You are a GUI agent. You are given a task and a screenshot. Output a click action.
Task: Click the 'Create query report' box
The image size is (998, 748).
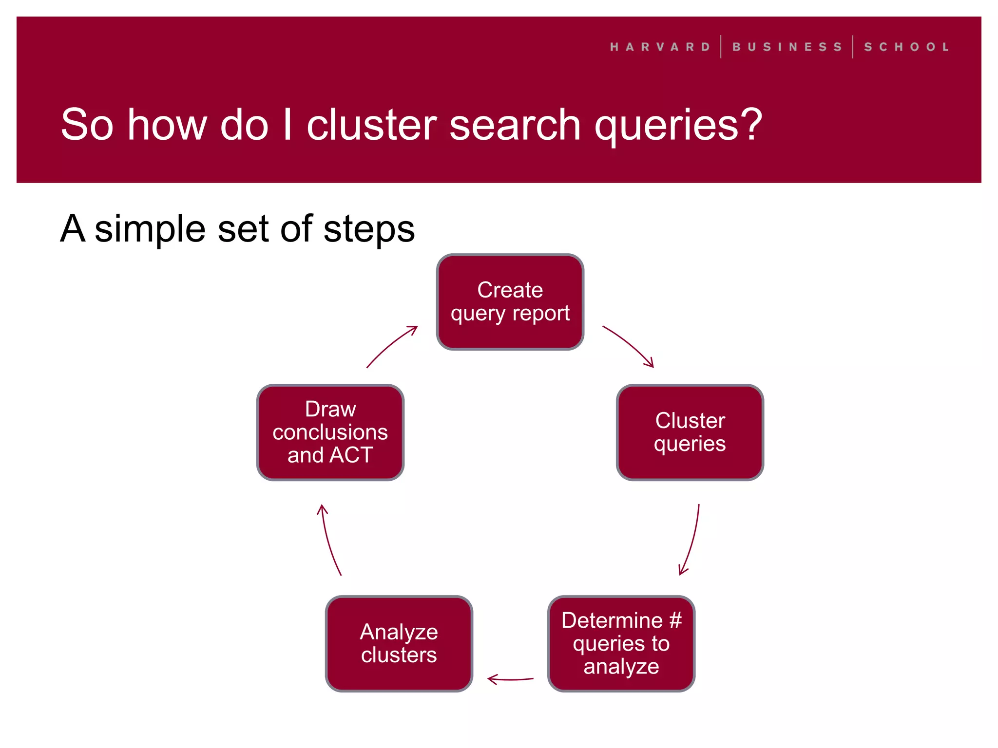pos(510,301)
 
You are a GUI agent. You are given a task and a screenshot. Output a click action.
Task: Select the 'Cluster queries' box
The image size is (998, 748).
pos(690,432)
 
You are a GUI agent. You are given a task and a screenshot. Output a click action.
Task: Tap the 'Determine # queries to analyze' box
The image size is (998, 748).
pos(621,643)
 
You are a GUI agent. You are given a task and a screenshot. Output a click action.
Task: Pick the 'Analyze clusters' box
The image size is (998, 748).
pos(399,643)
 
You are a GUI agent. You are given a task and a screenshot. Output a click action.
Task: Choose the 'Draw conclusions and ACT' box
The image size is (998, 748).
pos(330,432)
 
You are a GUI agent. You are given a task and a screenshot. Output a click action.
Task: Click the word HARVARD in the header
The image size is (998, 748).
pos(660,47)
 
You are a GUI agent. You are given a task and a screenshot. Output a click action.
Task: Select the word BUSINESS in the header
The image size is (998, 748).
pos(787,47)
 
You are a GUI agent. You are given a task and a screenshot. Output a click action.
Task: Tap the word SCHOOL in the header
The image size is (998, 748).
pos(906,47)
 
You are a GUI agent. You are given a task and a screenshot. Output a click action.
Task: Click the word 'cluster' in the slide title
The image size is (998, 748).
pos(371,125)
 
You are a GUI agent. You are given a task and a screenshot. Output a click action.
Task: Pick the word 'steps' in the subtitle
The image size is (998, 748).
pos(369,229)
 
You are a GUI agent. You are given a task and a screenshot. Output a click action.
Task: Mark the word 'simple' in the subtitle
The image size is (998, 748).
pos(150,229)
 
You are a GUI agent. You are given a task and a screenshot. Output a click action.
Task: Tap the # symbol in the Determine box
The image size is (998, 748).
pos(675,620)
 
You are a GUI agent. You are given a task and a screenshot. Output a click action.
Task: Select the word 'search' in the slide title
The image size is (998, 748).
pos(515,125)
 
